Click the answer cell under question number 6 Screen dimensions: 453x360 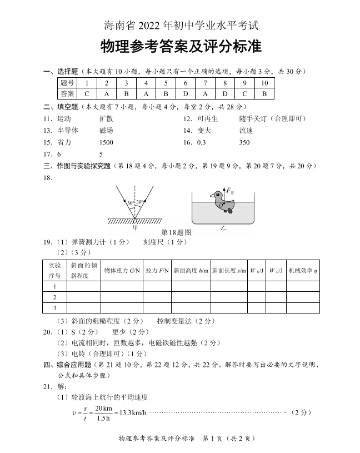[x=186, y=93]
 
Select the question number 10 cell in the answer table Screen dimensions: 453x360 [x=264, y=83]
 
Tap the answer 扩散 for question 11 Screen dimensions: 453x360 [x=106, y=118]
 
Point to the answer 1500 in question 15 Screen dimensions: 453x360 [x=106, y=142]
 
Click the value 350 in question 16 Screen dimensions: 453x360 [x=244, y=142]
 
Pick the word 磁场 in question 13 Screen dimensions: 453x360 [x=106, y=130]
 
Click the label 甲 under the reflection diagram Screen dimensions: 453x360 [x=135, y=227]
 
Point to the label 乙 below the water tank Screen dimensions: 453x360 [x=223, y=227]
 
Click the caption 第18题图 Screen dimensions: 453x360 [x=176, y=232]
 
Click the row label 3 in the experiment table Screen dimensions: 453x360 [x=55, y=307]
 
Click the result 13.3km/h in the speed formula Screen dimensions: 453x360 [x=131, y=412]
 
